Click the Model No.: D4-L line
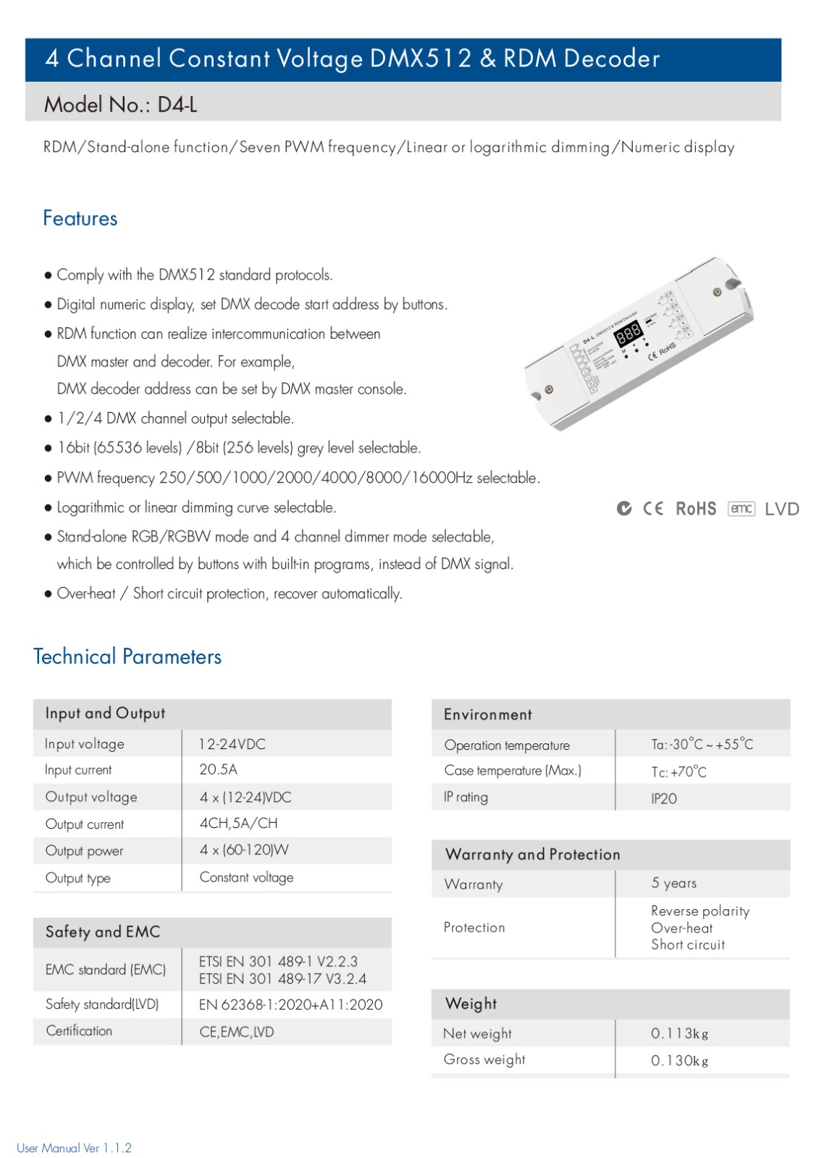pyautogui.click(x=121, y=105)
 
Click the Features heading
pyautogui.click(x=80, y=219)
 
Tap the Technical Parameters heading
pyautogui.click(x=127, y=656)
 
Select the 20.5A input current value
pyautogui.click(x=218, y=769)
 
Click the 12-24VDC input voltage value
pyautogui.click(x=232, y=744)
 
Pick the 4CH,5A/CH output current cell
pyautogui.click(x=238, y=823)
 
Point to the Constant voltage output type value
pyautogui.click(x=246, y=877)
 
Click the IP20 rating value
pyautogui.click(x=664, y=798)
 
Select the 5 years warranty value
pyautogui.click(x=673, y=883)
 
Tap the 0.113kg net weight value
pyautogui.click(x=679, y=1034)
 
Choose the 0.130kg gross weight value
pyautogui.click(x=679, y=1060)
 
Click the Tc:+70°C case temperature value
pyautogui.click(x=678, y=772)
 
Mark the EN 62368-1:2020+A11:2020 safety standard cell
pyautogui.click(x=290, y=1005)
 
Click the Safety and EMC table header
pyautogui.click(x=103, y=931)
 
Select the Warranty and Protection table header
pyautogui.click(x=533, y=854)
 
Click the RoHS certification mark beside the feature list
pyautogui.click(x=696, y=509)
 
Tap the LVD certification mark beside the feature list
pyautogui.click(x=782, y=509)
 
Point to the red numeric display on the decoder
pyautogui.click(x=628, y=334)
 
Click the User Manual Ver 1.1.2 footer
pyautogui.click(x=74, y=1148)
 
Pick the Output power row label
pyautogui.click(x=84, y=850)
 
